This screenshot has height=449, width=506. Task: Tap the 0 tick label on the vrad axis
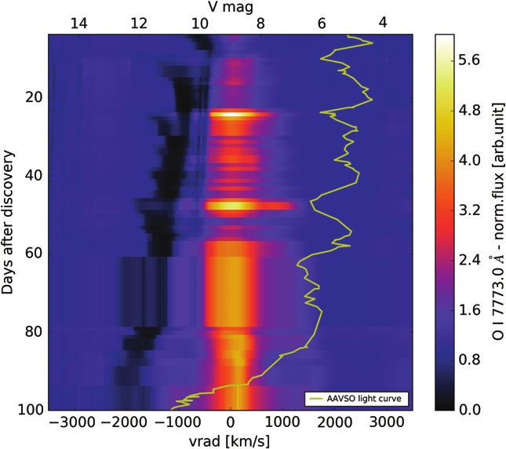pos(231,423)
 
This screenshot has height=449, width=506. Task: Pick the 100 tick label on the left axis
pos(27,410)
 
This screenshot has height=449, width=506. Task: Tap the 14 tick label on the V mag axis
pos(78,24)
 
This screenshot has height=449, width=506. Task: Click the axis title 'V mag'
pos(230,8)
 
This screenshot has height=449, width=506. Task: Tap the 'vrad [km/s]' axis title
pos(231,440)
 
